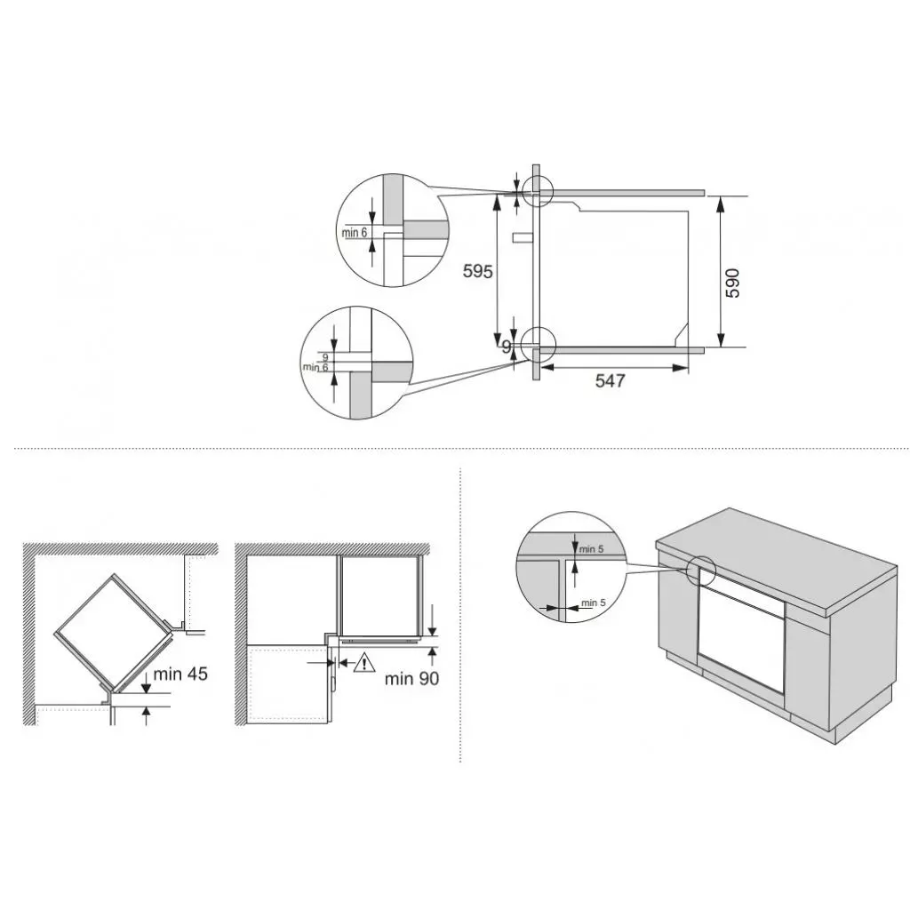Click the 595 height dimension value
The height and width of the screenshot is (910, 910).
tap(477, 271)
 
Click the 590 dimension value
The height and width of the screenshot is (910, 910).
tap(732, 282)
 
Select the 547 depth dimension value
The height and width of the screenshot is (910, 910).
tap(610, 380)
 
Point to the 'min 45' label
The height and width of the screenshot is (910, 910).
tap(180, 674)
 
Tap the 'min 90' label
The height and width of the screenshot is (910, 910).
tap(412, 679)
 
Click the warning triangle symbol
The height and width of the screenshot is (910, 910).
tap(364, 662)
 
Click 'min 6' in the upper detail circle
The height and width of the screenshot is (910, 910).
tap(355, 233)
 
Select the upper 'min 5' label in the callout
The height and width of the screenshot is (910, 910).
tap(591, 548)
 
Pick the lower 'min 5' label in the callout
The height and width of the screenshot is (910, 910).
tap(593, 603)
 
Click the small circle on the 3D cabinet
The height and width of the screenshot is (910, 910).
tap(702, 570)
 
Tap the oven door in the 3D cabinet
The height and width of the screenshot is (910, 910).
tap(741, 638)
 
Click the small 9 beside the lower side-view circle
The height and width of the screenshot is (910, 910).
tap(506, 347)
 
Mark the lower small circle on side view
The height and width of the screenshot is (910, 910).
tap(537, 342)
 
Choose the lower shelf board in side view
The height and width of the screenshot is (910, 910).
tap(622, 350)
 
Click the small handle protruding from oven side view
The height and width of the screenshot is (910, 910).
tap(521, 237)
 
